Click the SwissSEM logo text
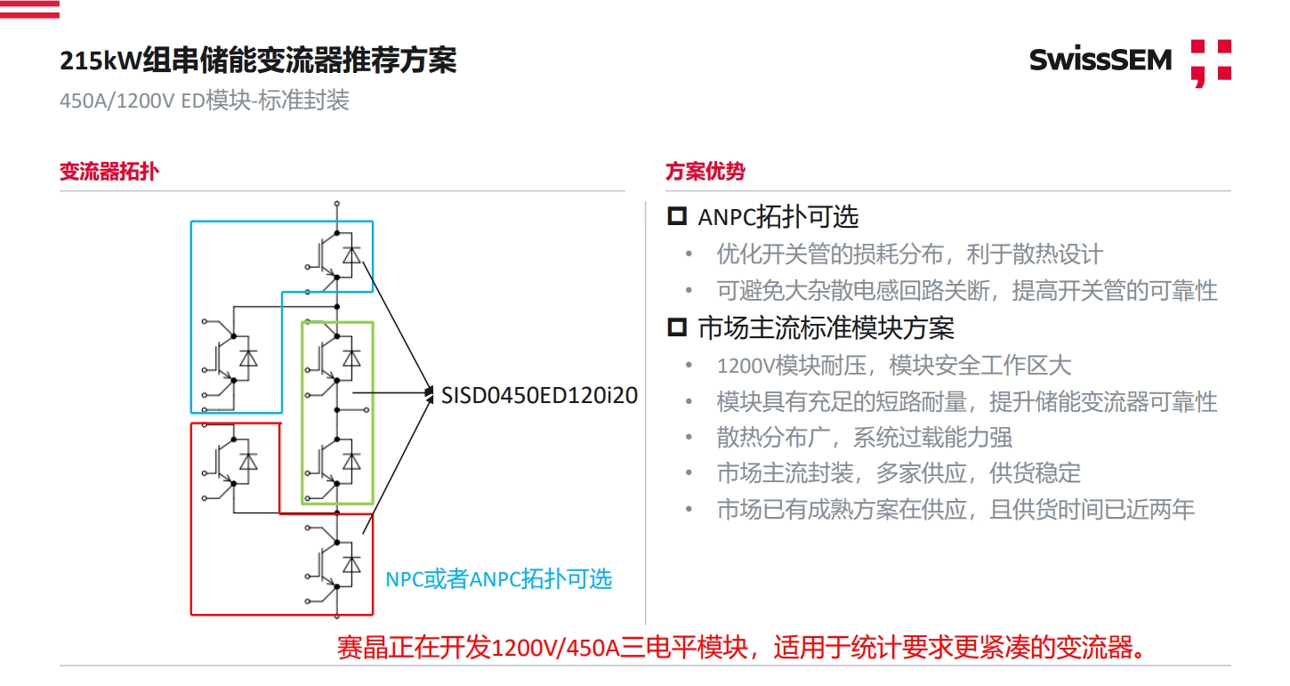click(1100, 60)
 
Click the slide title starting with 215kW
click(258, 61)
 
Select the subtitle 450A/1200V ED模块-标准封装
click(205, 101)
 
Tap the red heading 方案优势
click(705, 172)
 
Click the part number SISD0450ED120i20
click(539, 395)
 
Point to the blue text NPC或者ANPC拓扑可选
click(498, 578)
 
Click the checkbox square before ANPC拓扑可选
click(677, 215)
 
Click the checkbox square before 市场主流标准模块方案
click(677, 327)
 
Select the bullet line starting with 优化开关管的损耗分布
click(909, 254)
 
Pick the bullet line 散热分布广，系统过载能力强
click(864, 437)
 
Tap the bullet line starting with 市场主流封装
click(899, 473)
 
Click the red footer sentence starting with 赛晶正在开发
click(740, 647)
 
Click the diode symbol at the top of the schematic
click(352, 255)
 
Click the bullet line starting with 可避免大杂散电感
click(966, 291)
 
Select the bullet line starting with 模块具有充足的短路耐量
click(966, 401)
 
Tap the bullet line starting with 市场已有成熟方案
click(955, 510)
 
